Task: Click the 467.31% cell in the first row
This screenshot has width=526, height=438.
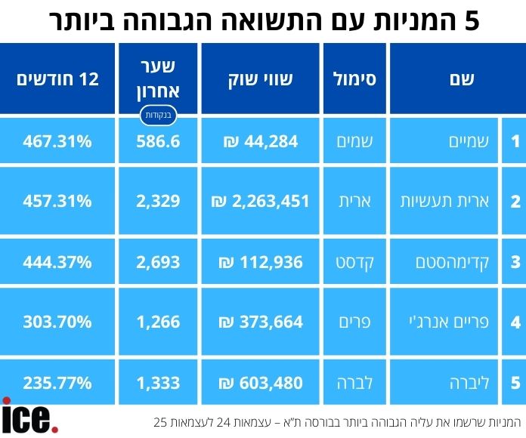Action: click(57, 140)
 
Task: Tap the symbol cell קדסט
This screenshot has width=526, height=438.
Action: click(354, 262)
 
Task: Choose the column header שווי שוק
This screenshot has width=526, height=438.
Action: click(260, 79)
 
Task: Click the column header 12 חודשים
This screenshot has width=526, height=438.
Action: click(57, 79)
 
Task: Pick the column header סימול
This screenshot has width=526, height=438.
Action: click(354, 79)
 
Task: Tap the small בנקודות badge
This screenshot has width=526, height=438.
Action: click(159, 116)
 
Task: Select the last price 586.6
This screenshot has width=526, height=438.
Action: click(159, 140)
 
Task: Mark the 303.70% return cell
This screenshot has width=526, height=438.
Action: click(57, 322)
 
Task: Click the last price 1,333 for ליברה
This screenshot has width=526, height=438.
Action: click(159, 383)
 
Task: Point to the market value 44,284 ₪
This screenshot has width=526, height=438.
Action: click(260, 140)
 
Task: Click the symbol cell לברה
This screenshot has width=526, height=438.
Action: click(354, 383)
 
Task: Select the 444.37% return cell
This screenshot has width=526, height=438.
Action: click(57, 262)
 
